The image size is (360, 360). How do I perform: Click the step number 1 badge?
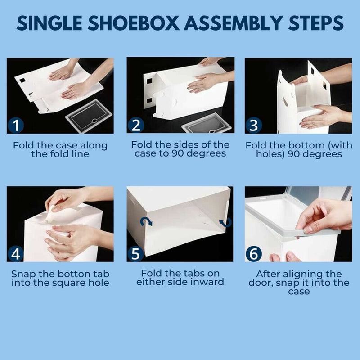click(17, 125)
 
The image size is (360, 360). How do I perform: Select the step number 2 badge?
click(135, 125)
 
